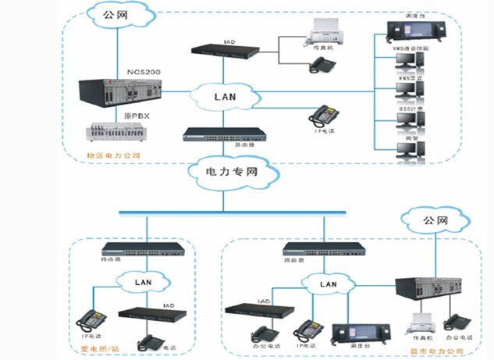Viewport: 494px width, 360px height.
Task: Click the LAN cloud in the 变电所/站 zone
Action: click(x=144, y=279)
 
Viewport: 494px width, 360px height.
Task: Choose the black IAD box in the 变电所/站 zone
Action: click(x=147, y=314)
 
